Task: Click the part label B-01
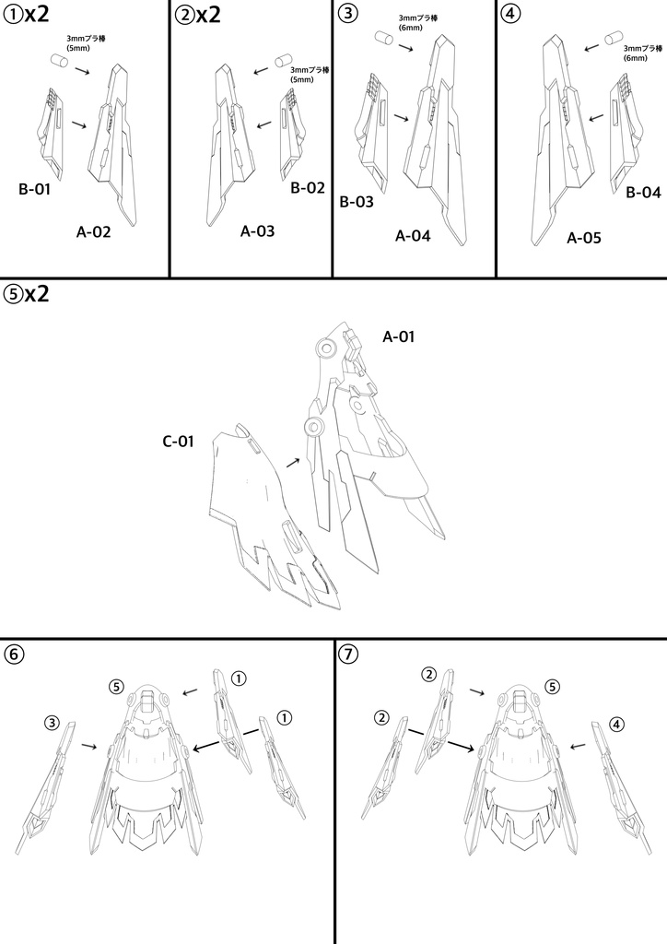tap(34, 190)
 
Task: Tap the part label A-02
tap(93, 231)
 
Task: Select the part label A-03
tap(257, 231)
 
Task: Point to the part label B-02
tap(308, 188)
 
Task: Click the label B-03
tap(357, 202)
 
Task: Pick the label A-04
tap(413, 236)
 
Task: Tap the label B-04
tap(643, 193)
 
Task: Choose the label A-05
tap(583, 239)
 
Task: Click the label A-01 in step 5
tap(399, 336)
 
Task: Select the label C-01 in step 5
tap(178, 442)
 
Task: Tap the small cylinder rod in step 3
tap(384, 37)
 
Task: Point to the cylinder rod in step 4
tap(613, 38)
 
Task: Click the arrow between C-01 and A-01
tap(293, 462)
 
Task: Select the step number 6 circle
tap(14, 654)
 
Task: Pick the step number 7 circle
tap(348, 654)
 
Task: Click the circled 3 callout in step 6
tap(53, 723)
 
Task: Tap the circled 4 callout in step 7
tap(616, 726)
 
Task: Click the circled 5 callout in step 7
tap(552, 686)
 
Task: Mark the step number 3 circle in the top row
tap(346, 13)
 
